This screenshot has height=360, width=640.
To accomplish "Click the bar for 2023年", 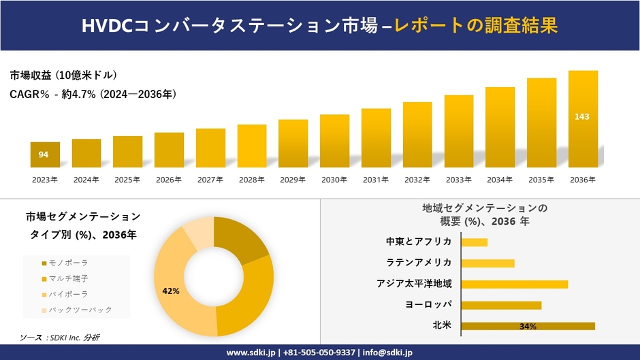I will [x=45, y=154].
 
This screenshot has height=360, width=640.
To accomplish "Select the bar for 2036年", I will [x=582, y=119].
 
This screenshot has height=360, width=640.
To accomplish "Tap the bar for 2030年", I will [x=334, y=141].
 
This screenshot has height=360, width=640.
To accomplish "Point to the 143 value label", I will [x=582, y=116].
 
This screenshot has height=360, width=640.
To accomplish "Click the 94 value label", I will [x=44, y=154].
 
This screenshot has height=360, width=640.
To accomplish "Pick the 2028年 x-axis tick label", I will [x=251, y=180].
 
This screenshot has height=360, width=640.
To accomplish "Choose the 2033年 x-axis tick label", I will [x=458, y=180].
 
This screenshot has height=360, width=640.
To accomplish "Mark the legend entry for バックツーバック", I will [x=75, y=310].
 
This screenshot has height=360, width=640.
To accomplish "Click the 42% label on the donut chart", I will [x=170, y=291].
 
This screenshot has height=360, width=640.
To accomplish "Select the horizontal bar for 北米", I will [x=528, y=326].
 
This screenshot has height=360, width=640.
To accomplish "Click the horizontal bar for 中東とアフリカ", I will [x=475, y=242].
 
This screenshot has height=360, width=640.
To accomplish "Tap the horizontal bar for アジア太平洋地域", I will [x=514, y=284].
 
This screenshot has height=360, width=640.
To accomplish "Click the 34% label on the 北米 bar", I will [x=528, y=327].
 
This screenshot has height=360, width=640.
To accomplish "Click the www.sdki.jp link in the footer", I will [x=251, y=353].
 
